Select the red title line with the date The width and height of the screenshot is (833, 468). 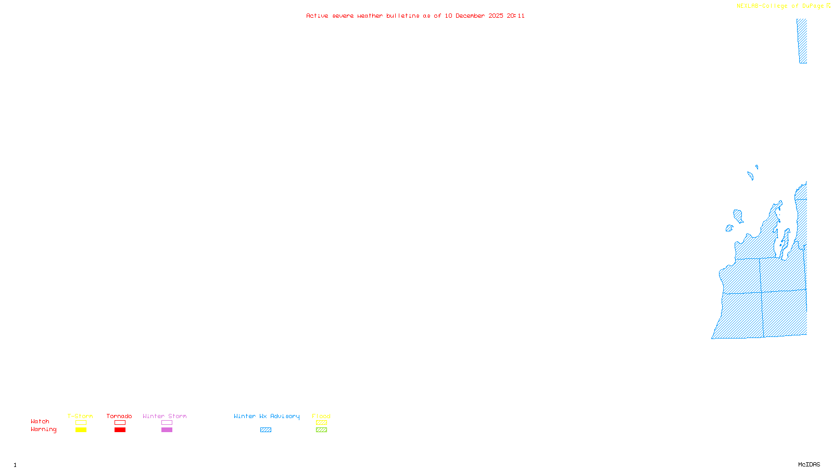(x=415, y=16)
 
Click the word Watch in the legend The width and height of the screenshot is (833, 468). (x=40, y=422)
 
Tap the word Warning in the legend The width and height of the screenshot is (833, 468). (x=43, y=430)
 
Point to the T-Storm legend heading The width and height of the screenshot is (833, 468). (x=80, y=416)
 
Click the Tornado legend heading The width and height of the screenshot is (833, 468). (x=119, y=416)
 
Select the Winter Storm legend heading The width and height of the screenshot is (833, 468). (x=165, y=416)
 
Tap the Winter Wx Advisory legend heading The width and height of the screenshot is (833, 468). (x=267, y=416)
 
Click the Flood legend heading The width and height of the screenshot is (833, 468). (x=321, y=416)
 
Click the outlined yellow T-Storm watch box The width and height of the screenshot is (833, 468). (x=81, y=423)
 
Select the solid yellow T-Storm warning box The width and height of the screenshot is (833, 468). (x=81, y=430)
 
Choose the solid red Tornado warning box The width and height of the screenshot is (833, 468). (x=120, y=430)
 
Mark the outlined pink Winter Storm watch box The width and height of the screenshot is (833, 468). (x=167, y=423)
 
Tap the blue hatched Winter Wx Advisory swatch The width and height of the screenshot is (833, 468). (x=266, y=430)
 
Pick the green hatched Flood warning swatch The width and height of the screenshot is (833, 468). (x=322, y=430)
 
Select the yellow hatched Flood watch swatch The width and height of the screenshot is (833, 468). (x=322, y=423)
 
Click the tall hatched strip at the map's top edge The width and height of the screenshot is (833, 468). (x=802, y=41)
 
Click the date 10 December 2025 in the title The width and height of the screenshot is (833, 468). (x=474, y=16)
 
